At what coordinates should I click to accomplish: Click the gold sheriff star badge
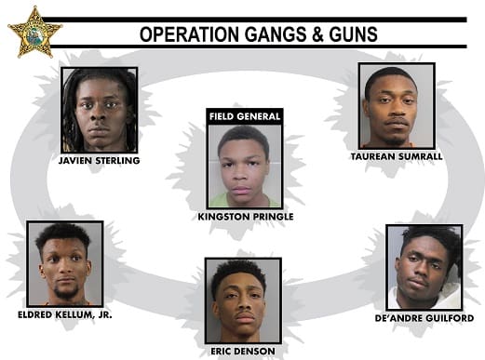pos(34,33)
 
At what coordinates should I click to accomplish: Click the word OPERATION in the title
pos(189,34)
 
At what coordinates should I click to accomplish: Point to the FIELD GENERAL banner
pos(245,116)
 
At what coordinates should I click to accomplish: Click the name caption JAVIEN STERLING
pos(100,161)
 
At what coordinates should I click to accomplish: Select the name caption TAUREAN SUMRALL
pos(397,156)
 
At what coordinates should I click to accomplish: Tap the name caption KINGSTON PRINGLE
pos(246,217)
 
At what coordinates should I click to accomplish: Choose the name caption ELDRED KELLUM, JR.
pos(65,315)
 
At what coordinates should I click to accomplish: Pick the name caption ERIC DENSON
pos(243,352)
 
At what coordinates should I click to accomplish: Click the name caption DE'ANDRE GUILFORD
pos(424,318)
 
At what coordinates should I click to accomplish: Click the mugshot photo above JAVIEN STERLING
pos(100,110)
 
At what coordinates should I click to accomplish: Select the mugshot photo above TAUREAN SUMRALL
pos(397,106)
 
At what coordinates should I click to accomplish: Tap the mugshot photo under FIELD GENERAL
pos(245,167)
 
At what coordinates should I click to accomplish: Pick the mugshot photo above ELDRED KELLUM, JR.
pos(65,263)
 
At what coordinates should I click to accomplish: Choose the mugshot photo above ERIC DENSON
pos(243,300)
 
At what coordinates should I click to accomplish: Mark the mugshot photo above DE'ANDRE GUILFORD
pos(424,267)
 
